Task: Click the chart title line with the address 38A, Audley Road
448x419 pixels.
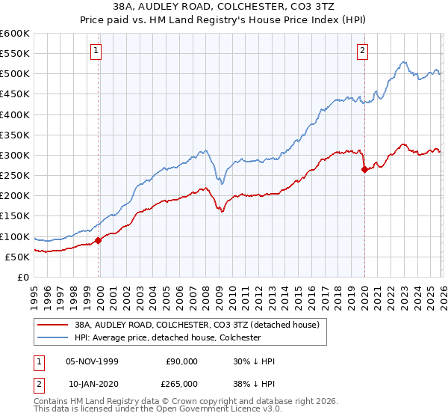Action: pos(224,7)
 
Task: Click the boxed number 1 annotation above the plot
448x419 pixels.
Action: pos(98,51)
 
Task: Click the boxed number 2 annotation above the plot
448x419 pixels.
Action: pos(363,51)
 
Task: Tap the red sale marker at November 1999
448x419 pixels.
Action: pos(98,240)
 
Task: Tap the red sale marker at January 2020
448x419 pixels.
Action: pos(364,169)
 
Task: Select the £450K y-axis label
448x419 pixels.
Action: pos(15,94)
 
